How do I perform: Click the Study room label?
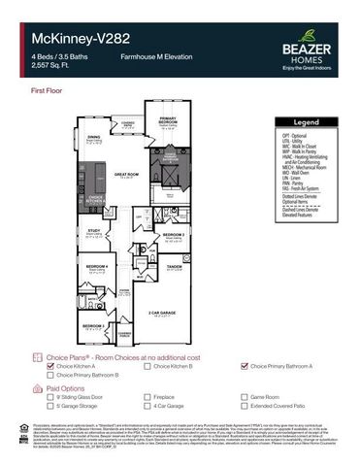(x=94, y=230)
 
